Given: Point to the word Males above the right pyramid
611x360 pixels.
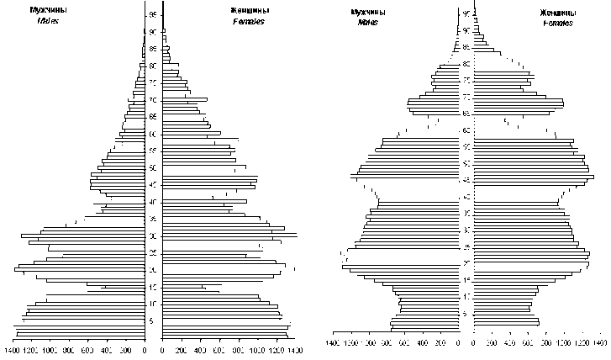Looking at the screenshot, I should [x=366, y=23].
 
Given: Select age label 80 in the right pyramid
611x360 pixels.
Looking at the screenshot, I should [x=466, y=64].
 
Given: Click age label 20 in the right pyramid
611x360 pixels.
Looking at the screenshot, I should [x=466, y=264].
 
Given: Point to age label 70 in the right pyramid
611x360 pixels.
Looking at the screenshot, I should [x=466, y=97].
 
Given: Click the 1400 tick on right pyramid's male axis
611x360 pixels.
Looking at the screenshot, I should [x=333, y=344].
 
